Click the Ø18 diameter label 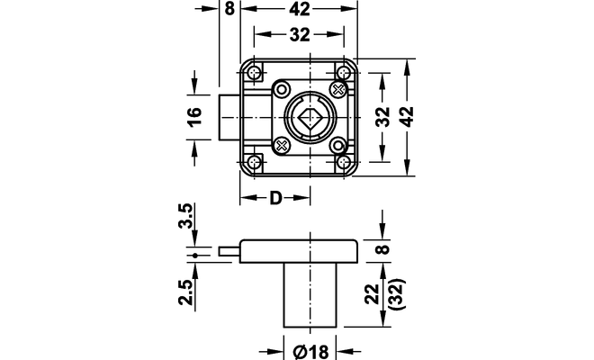310,352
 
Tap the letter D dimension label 275,198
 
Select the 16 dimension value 195,117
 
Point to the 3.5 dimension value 185,216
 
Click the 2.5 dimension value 186,292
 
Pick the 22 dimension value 373,293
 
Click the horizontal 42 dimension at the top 300,9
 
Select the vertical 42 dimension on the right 407,117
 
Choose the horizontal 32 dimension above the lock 300,34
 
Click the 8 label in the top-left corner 229,9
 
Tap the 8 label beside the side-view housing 383,249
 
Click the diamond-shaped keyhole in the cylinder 310,118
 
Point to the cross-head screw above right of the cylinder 337,89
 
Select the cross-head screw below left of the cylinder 282,145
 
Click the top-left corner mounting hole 255,72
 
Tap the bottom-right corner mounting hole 344,163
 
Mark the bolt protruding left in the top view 229,117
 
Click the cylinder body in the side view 310,295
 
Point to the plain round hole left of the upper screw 282,90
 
